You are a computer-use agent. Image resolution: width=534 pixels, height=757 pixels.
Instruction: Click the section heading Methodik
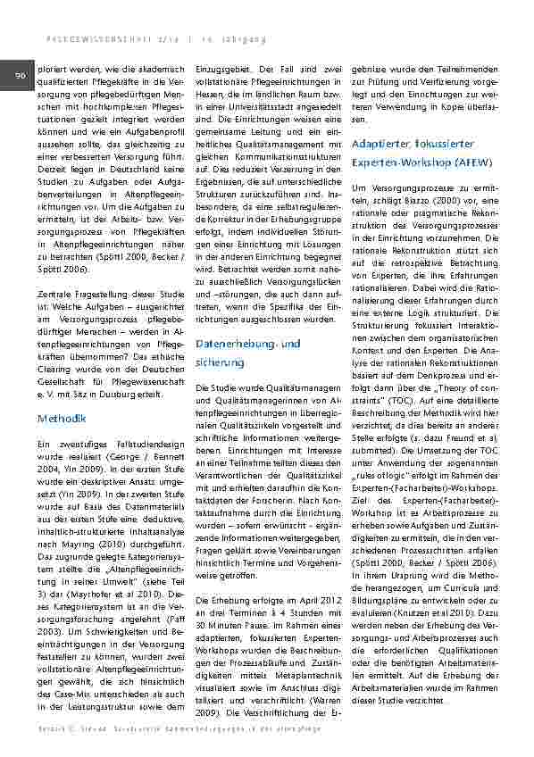click(61, 418)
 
